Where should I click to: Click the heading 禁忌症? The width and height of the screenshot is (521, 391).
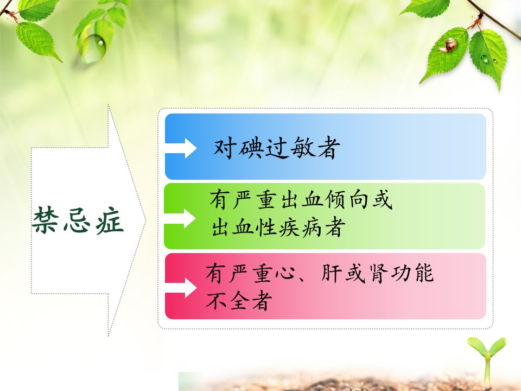(78, 220)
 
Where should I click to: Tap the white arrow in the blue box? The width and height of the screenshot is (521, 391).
(181, 148)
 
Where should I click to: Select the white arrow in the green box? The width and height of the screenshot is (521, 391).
(180, 218)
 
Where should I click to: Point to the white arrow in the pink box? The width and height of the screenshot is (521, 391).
(181, 288)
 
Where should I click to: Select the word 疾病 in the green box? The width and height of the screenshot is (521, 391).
(300, 228)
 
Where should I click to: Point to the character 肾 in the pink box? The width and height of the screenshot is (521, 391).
(378, 273)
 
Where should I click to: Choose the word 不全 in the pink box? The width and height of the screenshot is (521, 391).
(227, 300)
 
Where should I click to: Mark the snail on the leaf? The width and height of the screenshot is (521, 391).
(448, 45)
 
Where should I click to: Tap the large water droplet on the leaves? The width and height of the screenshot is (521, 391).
(93, 48)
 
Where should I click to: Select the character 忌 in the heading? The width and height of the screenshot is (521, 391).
(77, 220)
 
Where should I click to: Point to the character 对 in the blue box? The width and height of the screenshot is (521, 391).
(225, 148)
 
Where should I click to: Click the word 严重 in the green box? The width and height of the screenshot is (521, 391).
(255, 200)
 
